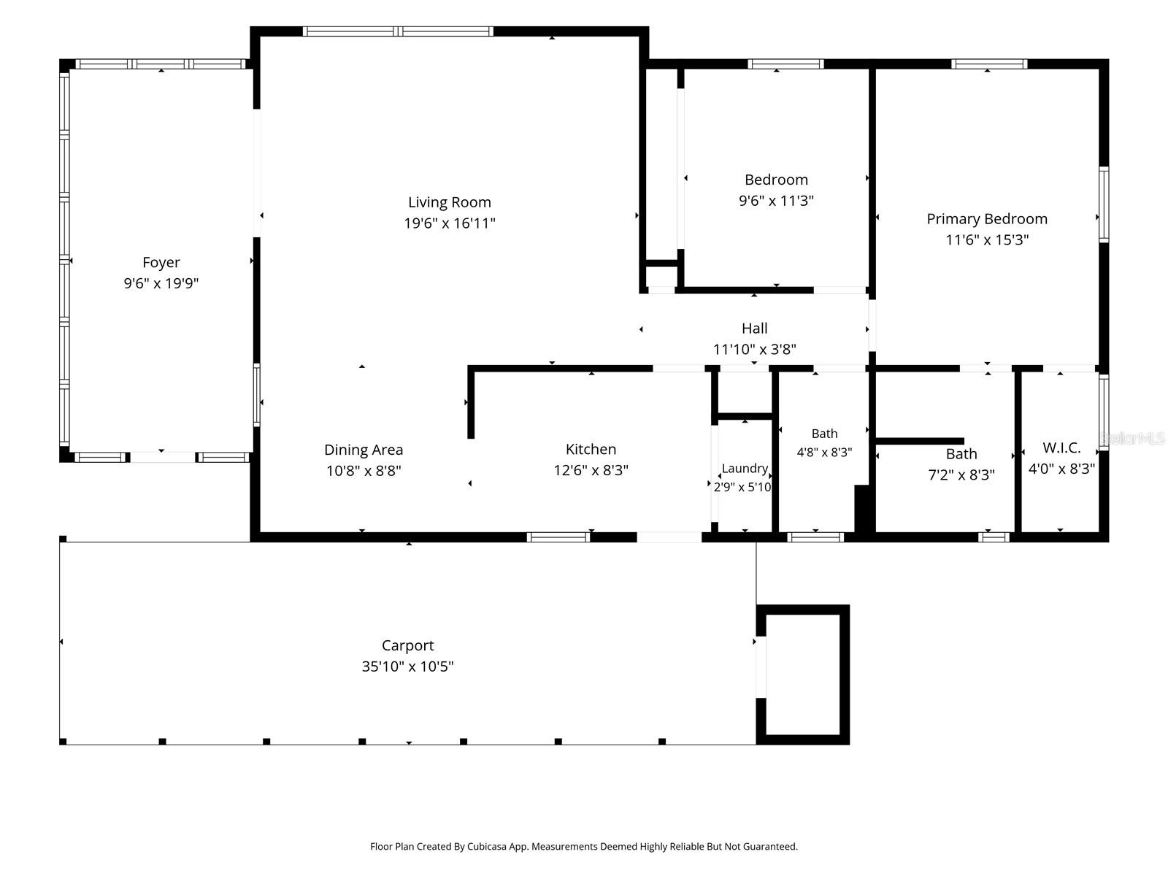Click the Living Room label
tap(449, 202)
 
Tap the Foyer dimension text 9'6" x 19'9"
tap(161, 283)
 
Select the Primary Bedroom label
tap(986, 218)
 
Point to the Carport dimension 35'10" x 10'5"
tap(407, 666)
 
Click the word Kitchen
tap(591, 450)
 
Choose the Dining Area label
tap(364, 450)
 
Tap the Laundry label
tap(745, 469)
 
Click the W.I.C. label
tap(1061, 447)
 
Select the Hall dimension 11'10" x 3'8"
tap(755, 350)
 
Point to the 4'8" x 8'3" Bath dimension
tap(824, 452)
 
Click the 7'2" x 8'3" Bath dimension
tap(961, 474)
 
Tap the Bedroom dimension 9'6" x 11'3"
tap(776, 201)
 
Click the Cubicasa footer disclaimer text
tap(584, 846)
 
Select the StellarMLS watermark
tap(1131, 438)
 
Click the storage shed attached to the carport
tap(802, 674)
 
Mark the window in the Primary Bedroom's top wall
tap(989, 64)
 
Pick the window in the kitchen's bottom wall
tap(558, 537)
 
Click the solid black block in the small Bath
tap(865, 509)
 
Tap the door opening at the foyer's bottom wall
tap(163, 458)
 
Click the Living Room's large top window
tap(398, 31)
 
